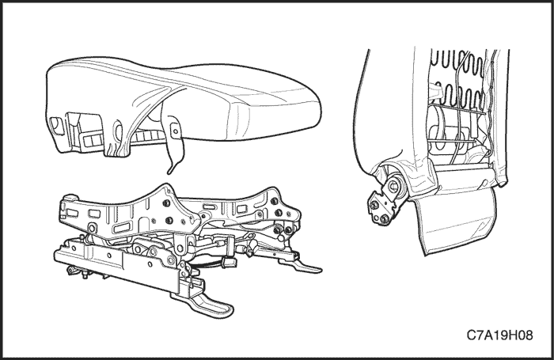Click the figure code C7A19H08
point(499,335)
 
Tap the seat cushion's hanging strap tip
point(170,171)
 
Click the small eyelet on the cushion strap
point(175,132)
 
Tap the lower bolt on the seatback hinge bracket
point(385,218)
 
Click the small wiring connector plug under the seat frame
point(228,262)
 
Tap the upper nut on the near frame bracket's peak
point(165,203)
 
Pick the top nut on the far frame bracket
point(274,201)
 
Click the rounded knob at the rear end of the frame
point(70,197)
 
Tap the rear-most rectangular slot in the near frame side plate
point(73,213)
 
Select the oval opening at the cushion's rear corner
point(56,126)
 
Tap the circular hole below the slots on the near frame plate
point(92,228)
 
